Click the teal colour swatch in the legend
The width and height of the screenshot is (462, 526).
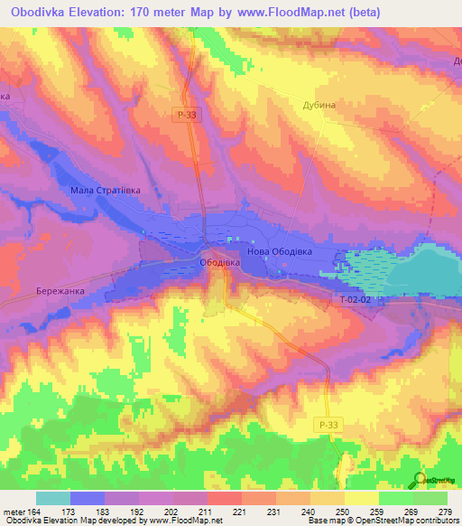(52, 498)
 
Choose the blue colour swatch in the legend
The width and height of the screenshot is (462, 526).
(88, 498)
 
